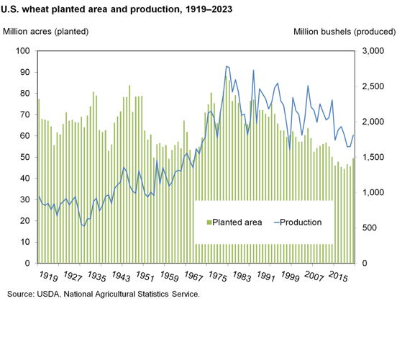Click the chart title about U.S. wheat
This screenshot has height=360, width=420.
(x=121, y=11)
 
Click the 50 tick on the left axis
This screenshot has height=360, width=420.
(x=23, y=157)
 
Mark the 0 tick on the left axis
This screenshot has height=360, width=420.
(x=26, y=264)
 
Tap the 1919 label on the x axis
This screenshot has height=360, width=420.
(x=48, y=276)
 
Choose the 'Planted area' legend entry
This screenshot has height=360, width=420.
(x=237, y=222)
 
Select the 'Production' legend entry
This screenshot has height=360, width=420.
(x=301, y=222)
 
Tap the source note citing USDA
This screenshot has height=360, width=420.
(x=103, y=294)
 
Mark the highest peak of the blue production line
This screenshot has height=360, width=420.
(x=226, y=66)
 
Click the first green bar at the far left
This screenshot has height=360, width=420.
(x=39, y=180)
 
